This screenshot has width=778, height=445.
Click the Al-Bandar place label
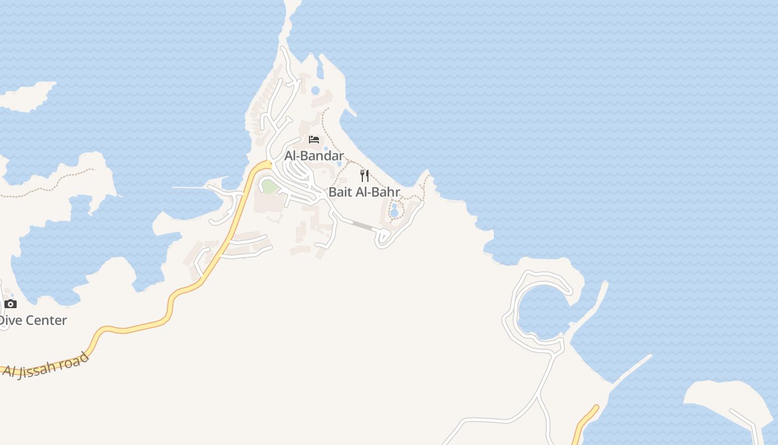(x=314, y=156)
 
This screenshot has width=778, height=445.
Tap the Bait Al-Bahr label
(x=364, y=192)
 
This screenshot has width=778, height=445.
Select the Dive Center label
(x=33, y=320)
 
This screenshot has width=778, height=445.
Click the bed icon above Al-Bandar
(x=314, y=139)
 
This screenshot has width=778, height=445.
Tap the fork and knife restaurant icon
(x=365, y=176)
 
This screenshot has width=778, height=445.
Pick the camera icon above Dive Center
(x=11, y=304)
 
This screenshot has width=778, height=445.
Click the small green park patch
(x=270, y=187)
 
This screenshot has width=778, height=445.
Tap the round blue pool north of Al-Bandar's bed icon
(x=316, y=90)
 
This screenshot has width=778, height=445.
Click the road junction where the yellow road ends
(x=269, y=164)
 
